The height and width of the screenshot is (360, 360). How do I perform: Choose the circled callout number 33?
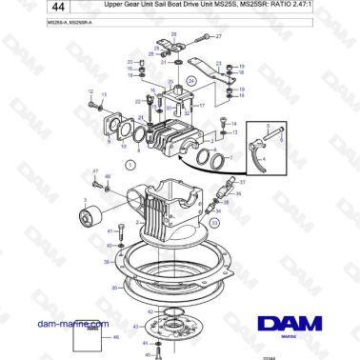[x=214, y=222]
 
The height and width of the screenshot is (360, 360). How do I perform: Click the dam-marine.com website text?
[x=69, y=324]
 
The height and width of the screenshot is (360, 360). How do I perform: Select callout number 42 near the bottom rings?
[x=149, y=311]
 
